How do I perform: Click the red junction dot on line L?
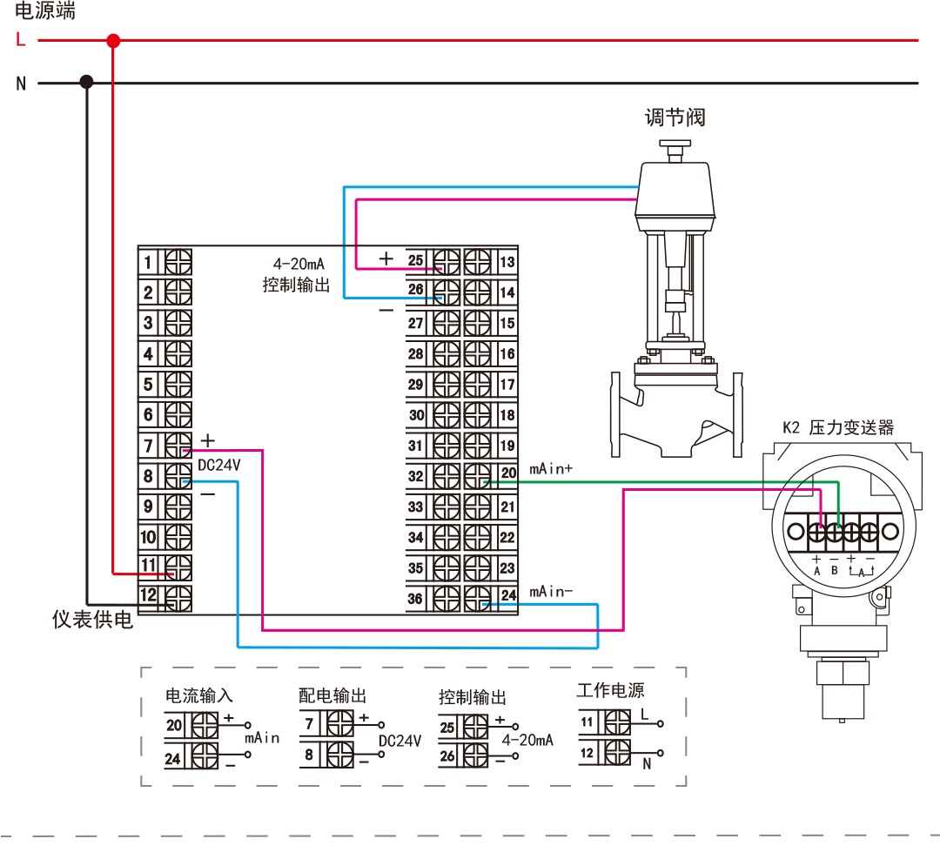tap(112, 40)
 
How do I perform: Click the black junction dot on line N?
tap(86, 82)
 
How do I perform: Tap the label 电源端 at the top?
tap(45, 10)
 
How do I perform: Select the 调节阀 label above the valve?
tap(675, 117)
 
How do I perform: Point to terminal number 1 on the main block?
tap(149, 262)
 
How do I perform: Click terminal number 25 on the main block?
tap(416, 261)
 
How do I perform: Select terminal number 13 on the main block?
tap(507, 262)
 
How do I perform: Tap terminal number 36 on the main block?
tap(416, 599)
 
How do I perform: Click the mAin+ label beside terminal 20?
tap(551, 469)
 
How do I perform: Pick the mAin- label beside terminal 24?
tap(551, 592)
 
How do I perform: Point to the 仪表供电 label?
tap(93, 620)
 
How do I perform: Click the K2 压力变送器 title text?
tap(838, 427)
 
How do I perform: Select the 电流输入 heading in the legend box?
tap(199, 696)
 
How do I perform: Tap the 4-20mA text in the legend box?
tap(528, 740)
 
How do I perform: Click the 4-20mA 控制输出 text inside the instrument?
tap(297, 274)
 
